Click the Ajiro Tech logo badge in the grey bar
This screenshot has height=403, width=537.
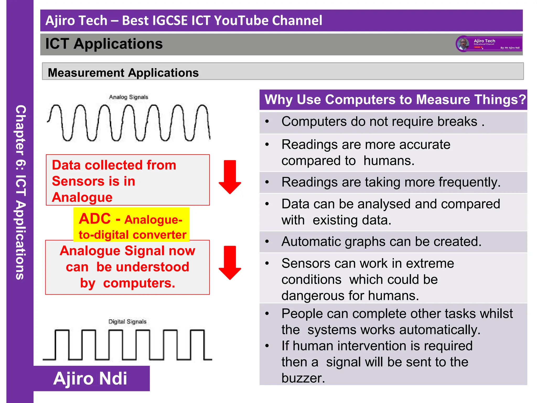click(489, 44)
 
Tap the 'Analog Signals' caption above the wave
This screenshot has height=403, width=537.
click(128, 97)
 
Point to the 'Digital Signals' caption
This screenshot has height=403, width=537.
click(127, 322)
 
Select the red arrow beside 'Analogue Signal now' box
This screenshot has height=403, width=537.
click(230, 262)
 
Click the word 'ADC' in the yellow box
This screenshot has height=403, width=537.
click(95, 219)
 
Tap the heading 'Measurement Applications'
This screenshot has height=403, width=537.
click(123, 73)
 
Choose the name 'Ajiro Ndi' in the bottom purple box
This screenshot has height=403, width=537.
click(90, 378)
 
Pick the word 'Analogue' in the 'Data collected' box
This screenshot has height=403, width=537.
click(82, 197)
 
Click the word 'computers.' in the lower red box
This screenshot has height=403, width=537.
click(139, 283)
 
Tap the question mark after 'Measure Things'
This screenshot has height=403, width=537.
click(522, 100)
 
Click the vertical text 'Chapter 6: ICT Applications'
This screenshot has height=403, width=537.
click(20, 192)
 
